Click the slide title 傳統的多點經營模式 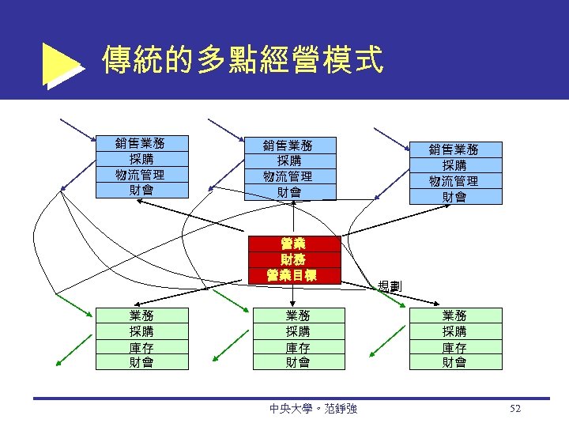[243, 59]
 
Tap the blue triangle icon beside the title [61, 66]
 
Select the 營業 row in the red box [293, 244]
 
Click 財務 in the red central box [293, 259]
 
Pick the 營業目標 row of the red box [293, 275]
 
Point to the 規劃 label [390, 285]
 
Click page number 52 [516, 409]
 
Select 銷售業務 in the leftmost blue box [140, 143]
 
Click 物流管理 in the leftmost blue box [140, 175]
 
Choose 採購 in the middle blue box [289, 161]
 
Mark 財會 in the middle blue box [289, 192]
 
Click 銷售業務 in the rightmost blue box [454, 149]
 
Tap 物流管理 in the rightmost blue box [454, 181]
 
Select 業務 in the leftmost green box [141, 316]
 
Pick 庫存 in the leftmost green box [141, 347]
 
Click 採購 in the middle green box [298, 331]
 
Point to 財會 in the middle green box [298, 362]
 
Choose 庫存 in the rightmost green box [454, 347]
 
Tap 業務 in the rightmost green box [454, 316]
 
